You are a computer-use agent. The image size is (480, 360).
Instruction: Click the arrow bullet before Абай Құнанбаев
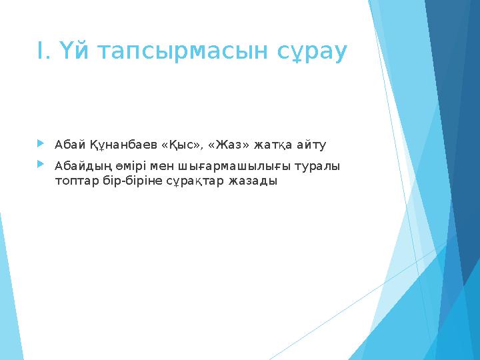[41, 143]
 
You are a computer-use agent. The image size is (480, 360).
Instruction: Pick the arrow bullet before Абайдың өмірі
[41, 163]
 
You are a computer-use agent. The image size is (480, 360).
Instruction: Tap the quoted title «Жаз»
[227, 145]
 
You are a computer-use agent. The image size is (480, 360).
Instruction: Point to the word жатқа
[273, 145]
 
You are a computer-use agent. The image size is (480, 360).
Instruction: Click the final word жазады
[252, 181]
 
